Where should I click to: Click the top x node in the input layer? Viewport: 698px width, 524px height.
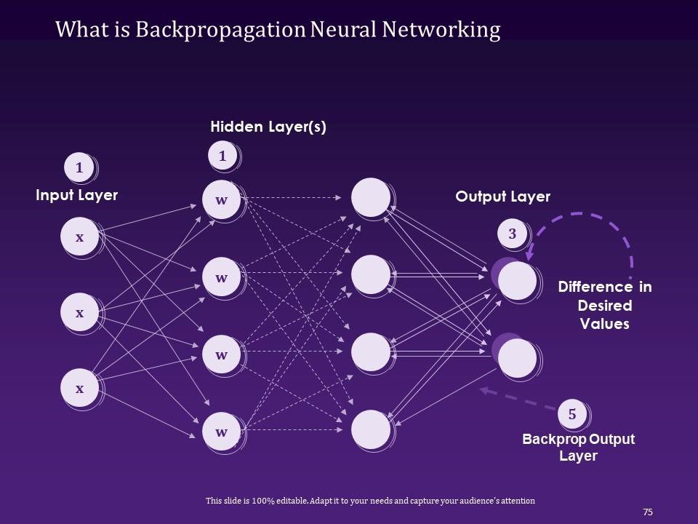point(79,237)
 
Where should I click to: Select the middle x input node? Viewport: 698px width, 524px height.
point(79,312)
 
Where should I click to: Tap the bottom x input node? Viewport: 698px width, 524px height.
point(79,388)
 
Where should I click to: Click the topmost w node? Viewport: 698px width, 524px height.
point(222,199)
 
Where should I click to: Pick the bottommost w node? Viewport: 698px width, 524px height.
point(222,432)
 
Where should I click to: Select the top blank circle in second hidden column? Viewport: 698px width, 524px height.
point(370,197)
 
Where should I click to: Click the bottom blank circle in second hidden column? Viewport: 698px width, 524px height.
point(370,429)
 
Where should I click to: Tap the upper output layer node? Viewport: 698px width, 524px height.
point(517,280)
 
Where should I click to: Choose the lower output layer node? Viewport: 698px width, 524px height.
point(517,357)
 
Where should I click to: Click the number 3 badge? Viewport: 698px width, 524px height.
point(513,234)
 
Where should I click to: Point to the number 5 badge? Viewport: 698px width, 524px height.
point(572,414)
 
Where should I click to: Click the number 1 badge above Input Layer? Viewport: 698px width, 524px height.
point(79,169)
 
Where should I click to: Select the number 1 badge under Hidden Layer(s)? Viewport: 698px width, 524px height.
point(222,155)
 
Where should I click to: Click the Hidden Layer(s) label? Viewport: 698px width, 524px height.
point(268,127)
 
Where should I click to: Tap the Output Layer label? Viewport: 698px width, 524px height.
point(502,196)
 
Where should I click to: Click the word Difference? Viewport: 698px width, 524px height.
point(595,287)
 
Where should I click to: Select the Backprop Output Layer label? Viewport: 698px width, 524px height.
point(579,448)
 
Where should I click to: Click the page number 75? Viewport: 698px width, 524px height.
point(648,512)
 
